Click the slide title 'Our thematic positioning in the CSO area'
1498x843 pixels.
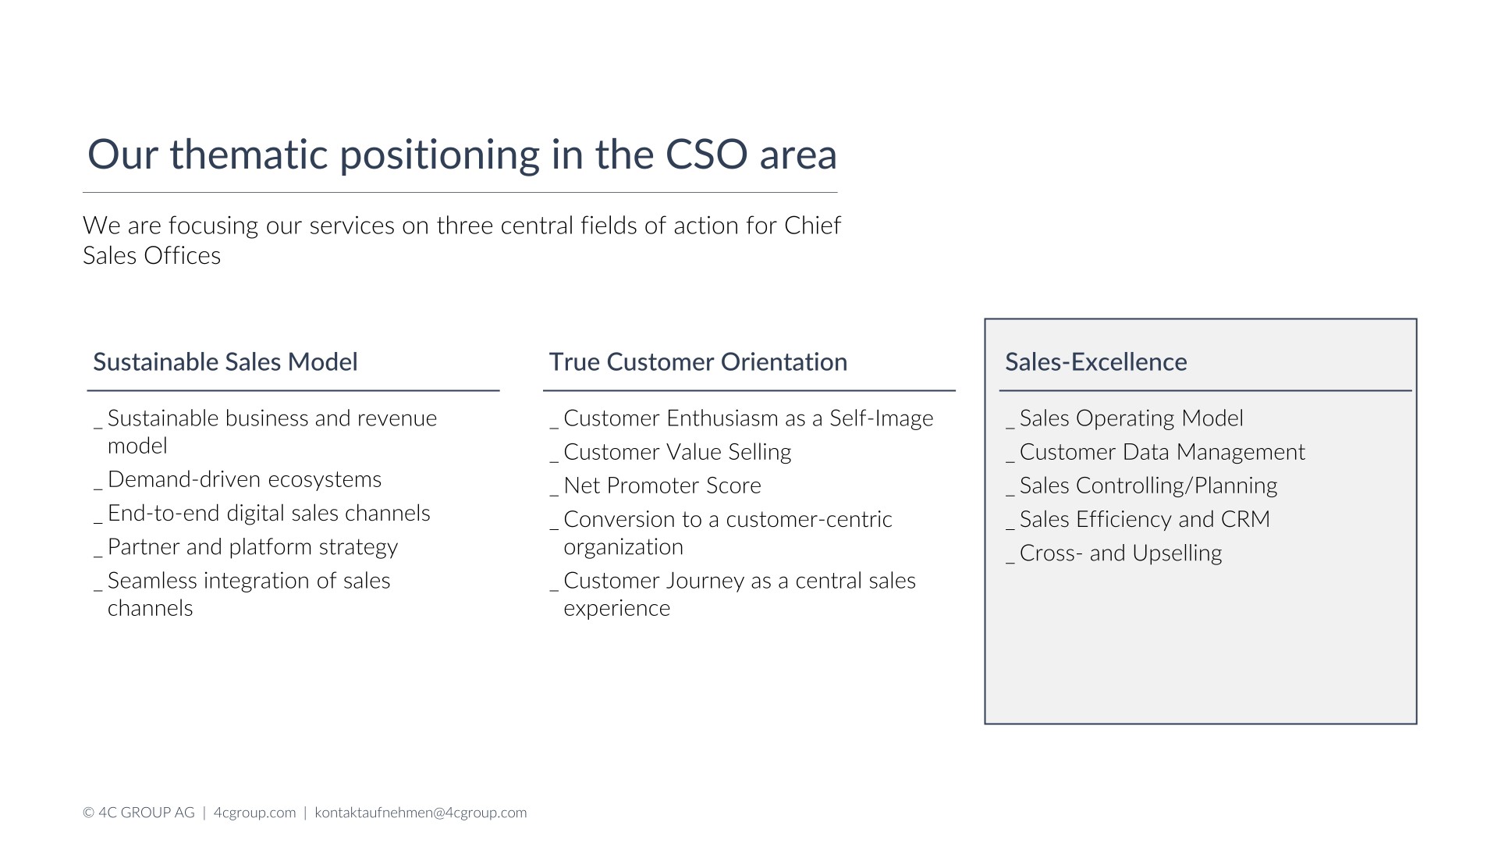pyautogui.click(x=462, y=155)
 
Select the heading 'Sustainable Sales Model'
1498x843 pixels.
pyautogui.click(x=225, y=362)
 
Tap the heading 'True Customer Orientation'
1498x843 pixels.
pyautogui.click(x=698, y=362)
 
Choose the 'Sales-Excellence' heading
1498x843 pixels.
pyautogui.click(x=1096, y=362)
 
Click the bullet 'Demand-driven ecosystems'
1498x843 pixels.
pyautogui.click(x=244, y=479)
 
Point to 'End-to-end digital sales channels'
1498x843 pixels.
pyautogui.click(x=268, y=513)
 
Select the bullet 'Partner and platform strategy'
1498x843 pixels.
pyautogui.click(x=253, y=547)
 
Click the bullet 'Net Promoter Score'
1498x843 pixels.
pyautogui.click(x=662, y=486)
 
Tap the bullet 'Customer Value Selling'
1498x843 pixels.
pyautogui.click(x=677, y=452)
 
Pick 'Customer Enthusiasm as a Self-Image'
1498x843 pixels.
pyautogui.click(x=748, y=418)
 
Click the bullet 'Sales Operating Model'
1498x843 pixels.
pyautogui.click(x=1131, y=418)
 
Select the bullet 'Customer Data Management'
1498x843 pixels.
pyautogui.click(x=1163, y=452)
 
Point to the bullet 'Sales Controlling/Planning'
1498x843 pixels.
pyautogui.click(x=1148, y=486)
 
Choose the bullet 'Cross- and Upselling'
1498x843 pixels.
pyautogui.click(x=1121, y=553)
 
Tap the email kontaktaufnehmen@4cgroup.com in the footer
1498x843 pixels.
pyautogui.click(x=421, y=813)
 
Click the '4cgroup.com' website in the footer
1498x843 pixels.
pyautogui.click(x=254, y=813)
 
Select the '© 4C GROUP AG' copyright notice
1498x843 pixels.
pyautogui.click(x=139, y=813)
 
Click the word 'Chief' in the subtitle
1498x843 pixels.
pyautogui.click(x=813, y=226)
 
